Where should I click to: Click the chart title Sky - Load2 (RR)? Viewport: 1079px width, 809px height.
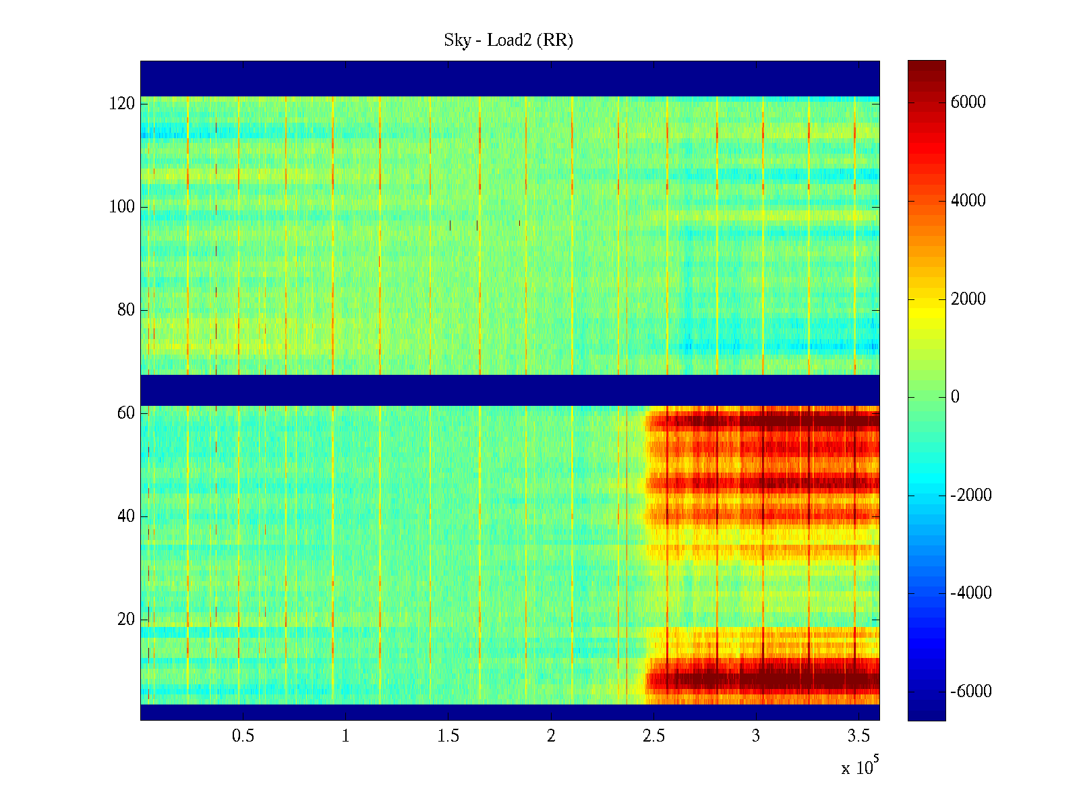(508, 40)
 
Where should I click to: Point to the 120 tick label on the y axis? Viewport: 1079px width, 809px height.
(122, 104)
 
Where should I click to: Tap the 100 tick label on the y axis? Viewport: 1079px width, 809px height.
(122, 207)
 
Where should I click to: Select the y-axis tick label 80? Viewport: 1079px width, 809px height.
(126, 310)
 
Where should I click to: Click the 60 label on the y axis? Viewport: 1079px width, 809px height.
(126, 413)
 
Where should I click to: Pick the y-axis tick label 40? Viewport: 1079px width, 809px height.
(126, 516)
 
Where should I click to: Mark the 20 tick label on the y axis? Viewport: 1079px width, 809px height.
(126, 620)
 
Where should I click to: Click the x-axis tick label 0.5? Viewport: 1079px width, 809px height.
(243, 736)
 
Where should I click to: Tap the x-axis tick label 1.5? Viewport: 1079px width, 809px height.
(448, 736)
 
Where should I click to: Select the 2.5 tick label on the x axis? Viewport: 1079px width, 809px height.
(653, 736)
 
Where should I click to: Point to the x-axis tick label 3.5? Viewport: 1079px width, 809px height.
(858, 736)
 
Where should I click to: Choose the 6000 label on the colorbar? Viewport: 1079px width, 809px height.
(968, 102)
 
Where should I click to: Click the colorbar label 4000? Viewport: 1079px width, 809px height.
(968, 201)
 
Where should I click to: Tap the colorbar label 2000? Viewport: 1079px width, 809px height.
(968, 299)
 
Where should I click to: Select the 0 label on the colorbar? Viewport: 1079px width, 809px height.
(955, 397)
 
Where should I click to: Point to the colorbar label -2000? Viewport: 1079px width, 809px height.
(970, 496)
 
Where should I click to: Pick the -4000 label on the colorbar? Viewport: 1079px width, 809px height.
(970, 593)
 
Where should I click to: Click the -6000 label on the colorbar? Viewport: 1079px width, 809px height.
(970, 692)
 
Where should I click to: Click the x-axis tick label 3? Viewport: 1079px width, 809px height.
(756, 736)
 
